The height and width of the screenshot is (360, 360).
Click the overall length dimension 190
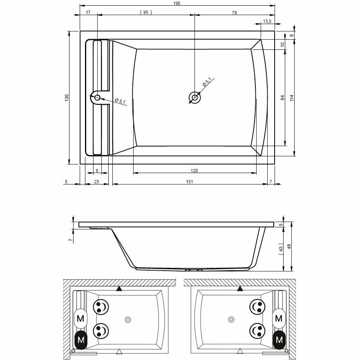click(x=177, y=3)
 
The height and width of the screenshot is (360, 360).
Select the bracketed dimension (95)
click(x=145, y=12)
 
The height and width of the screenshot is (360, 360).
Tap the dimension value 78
click(x=234, y=12)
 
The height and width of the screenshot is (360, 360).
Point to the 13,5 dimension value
click(x=267, y=21)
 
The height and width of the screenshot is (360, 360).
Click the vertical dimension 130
click(x=67, y=98)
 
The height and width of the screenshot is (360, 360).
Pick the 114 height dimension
click(x=292, y=98)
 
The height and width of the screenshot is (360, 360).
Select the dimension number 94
click(x=282, y=98)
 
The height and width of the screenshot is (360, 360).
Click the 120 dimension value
click(x=195, y=171)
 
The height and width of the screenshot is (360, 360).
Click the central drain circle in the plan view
click(x=195, y=98)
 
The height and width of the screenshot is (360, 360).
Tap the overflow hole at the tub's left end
click(x=97, y=98)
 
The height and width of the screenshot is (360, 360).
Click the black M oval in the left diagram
click(x=80, y=339)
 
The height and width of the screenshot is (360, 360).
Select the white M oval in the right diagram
click(x=280, y=318)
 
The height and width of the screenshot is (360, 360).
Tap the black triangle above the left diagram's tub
click(x=119, y=289)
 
